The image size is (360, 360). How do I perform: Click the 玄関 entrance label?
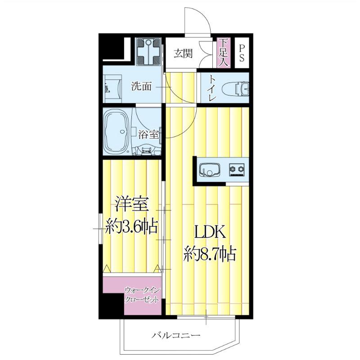[x=183, y=54]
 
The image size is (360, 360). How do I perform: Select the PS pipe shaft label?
[x=242, y=53]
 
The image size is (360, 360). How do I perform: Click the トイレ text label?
[x=211, y=88]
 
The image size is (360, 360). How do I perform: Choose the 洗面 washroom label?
[x=141, y=86]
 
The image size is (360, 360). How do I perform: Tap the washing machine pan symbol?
[x=148, y=51]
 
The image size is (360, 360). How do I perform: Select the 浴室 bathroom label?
[x=148, y=134]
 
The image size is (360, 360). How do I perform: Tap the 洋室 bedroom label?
[x=131, y=204]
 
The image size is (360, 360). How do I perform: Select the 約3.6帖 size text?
[x=131, y=226]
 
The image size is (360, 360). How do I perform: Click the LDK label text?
[x=210, y=232]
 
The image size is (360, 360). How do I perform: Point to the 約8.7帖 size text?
[x=210, y=254]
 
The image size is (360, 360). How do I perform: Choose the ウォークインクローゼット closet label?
[x=142, y=295]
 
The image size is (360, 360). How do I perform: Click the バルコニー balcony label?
[x=175, y=336]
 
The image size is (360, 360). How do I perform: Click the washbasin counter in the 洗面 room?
[x=112, y=88]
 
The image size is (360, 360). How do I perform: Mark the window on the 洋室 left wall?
[x=100, y=229]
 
